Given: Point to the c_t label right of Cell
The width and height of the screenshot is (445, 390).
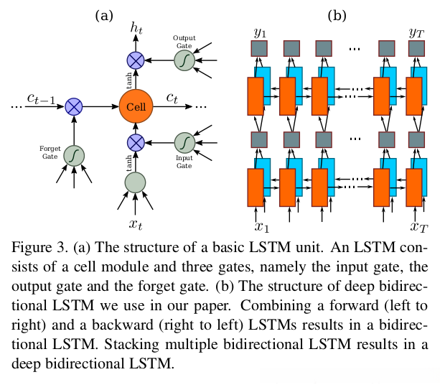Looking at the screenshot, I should point(173,97).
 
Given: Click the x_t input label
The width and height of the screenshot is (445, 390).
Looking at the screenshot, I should point(136,224).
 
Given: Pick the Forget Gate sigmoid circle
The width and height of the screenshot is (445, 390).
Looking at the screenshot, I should point(73,154).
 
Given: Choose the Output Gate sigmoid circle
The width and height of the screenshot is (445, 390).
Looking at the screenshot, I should point(184,60).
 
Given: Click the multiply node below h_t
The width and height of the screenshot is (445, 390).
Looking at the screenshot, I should point(136,60).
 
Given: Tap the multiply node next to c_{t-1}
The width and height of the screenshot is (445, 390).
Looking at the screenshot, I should point(73,107).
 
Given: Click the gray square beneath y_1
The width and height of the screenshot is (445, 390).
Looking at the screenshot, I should point(259,49).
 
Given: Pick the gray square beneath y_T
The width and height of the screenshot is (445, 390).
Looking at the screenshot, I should point(416,49).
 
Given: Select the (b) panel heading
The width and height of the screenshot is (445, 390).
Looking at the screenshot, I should point(337,12).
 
